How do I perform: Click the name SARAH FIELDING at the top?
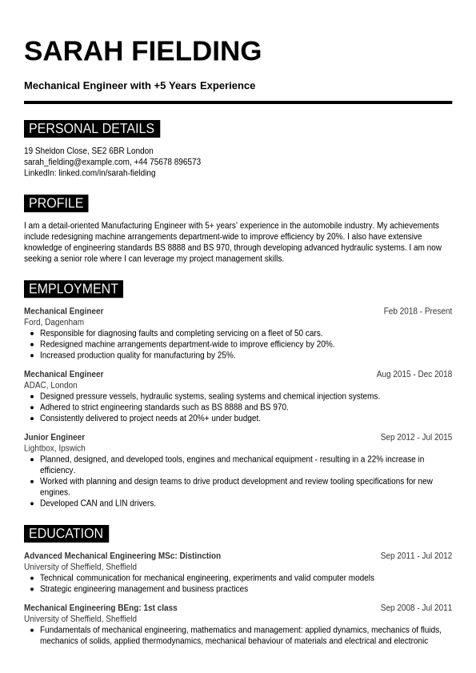(x=142, y=51)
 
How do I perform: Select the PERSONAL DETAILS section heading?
(x=91, y=129)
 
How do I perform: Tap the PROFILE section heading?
(x=56, y=203)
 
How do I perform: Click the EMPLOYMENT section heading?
(x=73, y=289)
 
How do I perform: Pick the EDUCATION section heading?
(x=66, y=534)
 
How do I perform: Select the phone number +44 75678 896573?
(x=167, y=162)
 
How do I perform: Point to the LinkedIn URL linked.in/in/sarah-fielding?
(x=106, y=173)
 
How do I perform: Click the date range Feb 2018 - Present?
(x=418, y=311)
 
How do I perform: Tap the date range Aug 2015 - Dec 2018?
(x=414, y=375)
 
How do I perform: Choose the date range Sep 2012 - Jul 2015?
(x=416, y=438)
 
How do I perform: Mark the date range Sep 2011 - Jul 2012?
(x=416, y=556)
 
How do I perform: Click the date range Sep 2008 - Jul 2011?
(x=416, y=608)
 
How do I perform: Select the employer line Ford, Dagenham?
(x=54, y=322)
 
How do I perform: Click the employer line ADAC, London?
(x=50, y=385)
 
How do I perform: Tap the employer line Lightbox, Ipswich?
(x=54, y=448)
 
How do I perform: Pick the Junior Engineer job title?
(x=54, y=438)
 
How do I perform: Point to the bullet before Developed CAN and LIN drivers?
(x=31, y=503)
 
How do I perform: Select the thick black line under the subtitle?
(x=238, y=102)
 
